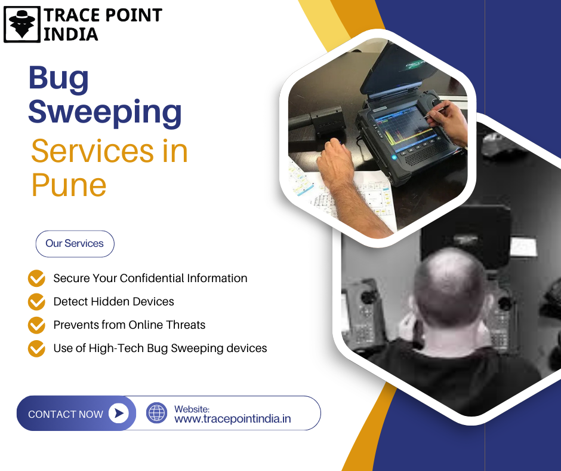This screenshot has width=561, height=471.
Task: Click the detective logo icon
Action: [22, 25]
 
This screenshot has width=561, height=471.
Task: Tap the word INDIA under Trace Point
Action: [71, 35]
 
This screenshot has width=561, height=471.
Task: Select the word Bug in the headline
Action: [58, 78]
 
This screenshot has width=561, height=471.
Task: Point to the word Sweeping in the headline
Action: [105, 112]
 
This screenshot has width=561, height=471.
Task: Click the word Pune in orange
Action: [69, 185]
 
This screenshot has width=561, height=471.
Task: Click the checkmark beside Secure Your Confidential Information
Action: [36, 278]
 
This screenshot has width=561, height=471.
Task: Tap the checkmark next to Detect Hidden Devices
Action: [36, 301]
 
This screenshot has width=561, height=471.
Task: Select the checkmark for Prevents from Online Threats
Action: [36, 325]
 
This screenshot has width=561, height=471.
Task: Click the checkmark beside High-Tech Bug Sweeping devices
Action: [36, 348]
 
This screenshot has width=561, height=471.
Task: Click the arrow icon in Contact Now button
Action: [119, 413]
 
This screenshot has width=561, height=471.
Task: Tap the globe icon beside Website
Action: [157, 413]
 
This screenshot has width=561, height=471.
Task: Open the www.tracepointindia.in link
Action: [233, 418]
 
